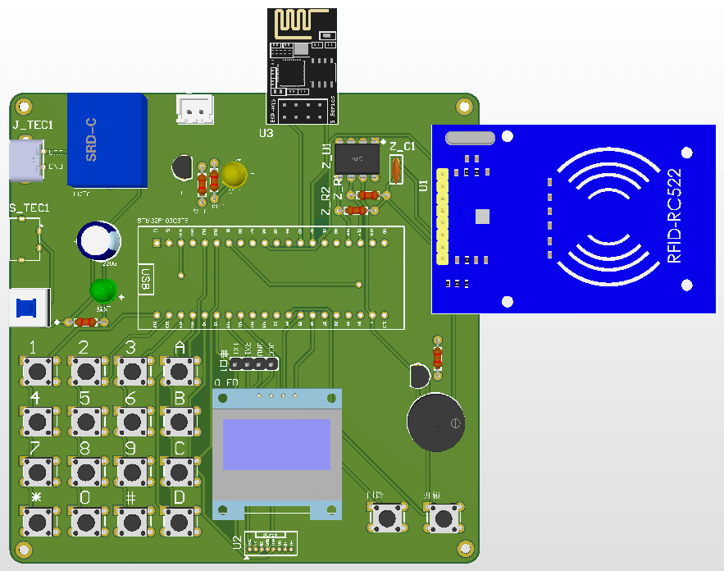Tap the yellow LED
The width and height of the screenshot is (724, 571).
click(x=234, y=174)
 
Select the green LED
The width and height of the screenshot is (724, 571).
click(x=103, y=290)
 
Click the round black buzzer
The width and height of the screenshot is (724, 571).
click(x=435, y=423)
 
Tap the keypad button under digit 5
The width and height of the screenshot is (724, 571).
click(x=85, y=422)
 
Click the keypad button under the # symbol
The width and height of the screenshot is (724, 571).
click(x=131, y=520)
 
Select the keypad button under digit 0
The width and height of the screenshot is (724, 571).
click(x=85, y=520)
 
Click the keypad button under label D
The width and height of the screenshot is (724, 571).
click(x=179, y=520)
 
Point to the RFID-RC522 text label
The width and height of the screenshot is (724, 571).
click(x=674, y=217)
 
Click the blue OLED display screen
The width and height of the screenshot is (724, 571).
click(x=276, y=445)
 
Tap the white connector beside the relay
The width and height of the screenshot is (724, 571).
click(x=195, y=109)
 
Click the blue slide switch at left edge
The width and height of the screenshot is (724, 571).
click(x=27, y=308)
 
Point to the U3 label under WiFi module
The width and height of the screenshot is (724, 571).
click(x=266, y=132)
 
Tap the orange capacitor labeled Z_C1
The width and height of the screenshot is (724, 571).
click(x=395, y=170)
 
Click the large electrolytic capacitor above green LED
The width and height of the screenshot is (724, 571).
click(x=98, y=240)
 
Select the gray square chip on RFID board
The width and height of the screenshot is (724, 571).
click(x=482, y=216)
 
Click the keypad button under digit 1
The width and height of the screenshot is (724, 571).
click(x=38, y=372)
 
